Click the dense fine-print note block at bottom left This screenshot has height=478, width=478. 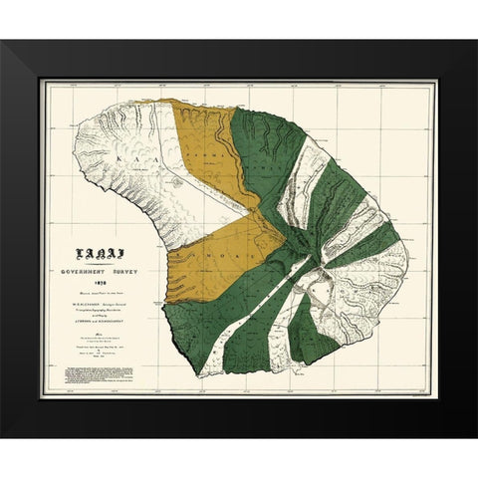[x=104, y=379]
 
